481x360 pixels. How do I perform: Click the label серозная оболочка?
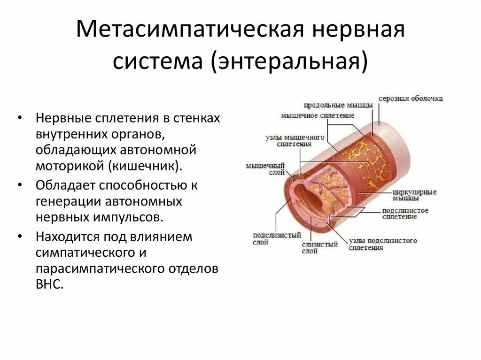tap(412, 99)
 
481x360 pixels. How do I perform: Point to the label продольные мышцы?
tap(338, 105)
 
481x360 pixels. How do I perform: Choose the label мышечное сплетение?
tap(318, 115)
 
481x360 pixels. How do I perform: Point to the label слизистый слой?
tap(320, 247)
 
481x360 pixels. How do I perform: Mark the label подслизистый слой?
tap(270, 239)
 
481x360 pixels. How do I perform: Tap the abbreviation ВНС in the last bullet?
tap(49, 285)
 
